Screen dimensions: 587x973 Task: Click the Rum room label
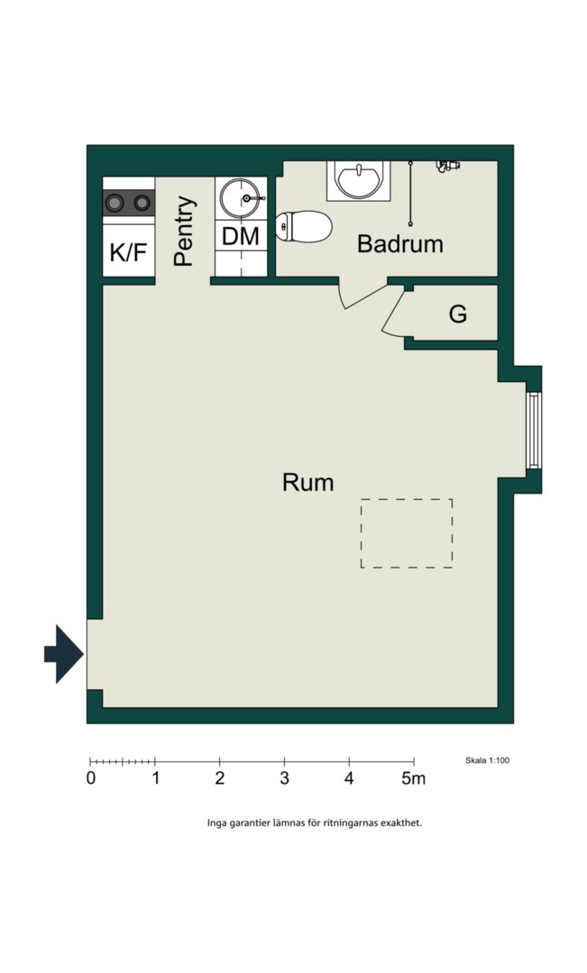tap(307, 482)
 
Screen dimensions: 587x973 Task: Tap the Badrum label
tap(400, 244)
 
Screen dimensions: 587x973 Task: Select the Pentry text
tap(185, 231)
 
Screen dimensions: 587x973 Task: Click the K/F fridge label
tap(129, 252)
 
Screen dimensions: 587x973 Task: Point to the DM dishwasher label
tap(241, 236)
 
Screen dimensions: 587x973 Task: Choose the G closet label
tap(458, 314)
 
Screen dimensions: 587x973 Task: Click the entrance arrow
tap(63, 654)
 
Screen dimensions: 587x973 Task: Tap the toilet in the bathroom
tap(303, 226)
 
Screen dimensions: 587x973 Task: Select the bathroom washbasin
tap(358, 180)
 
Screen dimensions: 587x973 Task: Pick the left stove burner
tap(115, 203)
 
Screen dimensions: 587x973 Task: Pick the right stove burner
tap(142, 203)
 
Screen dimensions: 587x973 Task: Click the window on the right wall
tap(533, 430)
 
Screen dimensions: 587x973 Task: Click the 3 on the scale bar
tap(285, 778)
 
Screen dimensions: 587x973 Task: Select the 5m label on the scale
tap(413, 778)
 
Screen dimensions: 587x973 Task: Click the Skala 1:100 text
tap(487, 760)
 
